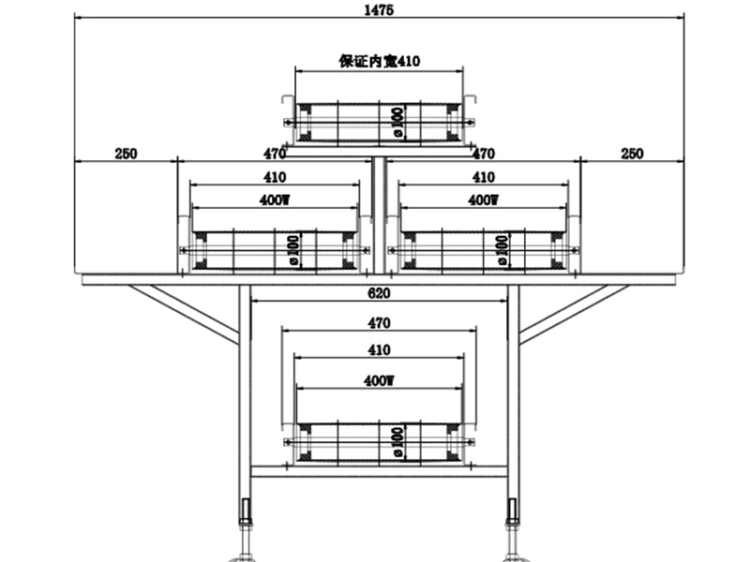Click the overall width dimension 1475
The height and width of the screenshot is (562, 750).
click(380, 10)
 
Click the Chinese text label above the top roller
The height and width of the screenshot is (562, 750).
click(379, 62)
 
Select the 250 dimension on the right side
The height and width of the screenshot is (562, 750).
click(632, 154)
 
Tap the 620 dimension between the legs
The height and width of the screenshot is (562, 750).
click(379, 293)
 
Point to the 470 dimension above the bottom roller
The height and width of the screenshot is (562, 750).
click(379, 323)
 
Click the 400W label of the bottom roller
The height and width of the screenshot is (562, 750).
click(379, 381)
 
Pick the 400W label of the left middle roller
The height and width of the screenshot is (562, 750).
click(275, 200)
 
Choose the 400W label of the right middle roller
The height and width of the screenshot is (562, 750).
click(483, 200)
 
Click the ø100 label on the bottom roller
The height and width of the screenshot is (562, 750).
click(397, 440)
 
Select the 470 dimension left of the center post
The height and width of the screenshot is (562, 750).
click(275, 154)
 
